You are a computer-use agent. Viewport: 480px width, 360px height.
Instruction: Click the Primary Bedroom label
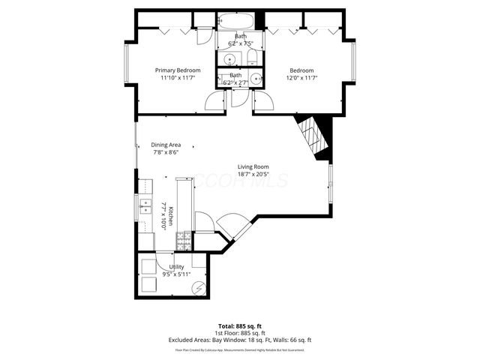[x=177, y=70]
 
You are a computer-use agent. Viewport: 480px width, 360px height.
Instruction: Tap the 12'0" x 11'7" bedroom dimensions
[x=301, y=77]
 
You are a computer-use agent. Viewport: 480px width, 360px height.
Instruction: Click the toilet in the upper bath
[x=252, y=59]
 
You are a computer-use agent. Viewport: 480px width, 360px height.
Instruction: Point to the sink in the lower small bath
[x=256, y=79]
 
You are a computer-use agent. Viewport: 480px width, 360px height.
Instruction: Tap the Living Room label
[x=253, y=166]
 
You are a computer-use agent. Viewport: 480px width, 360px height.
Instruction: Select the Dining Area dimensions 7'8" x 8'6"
[x=166, y=152]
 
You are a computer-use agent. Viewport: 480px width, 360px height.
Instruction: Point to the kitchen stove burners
[x=182, y=241]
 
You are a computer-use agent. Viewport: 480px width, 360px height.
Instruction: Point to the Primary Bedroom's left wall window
[x=128, y=70]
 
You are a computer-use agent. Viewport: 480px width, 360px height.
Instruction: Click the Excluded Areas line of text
[x=240, y=340]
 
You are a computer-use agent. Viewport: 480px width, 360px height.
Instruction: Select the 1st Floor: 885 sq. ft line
[x=240, y=333]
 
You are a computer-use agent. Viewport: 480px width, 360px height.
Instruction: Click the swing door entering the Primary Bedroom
[x=216, y=101]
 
